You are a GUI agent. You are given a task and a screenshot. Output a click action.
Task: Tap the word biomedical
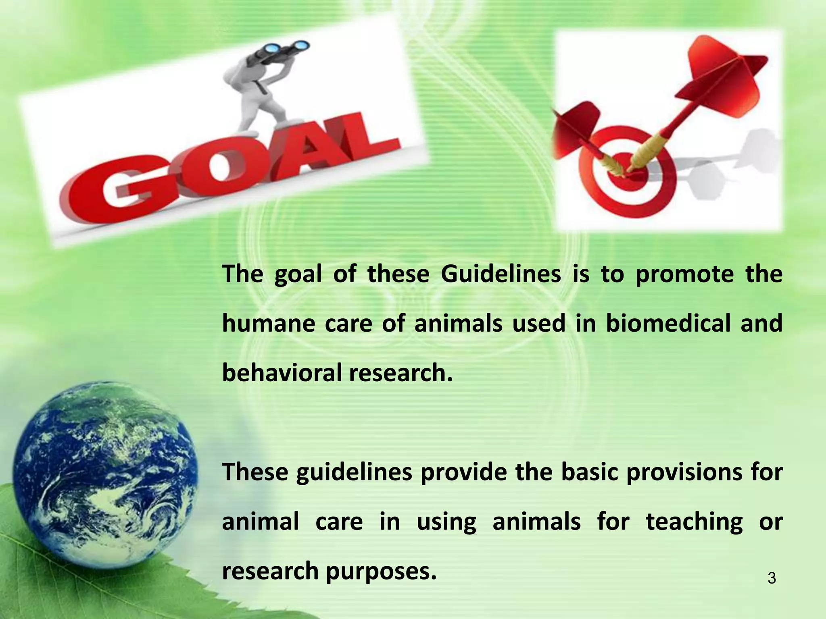point(668,324)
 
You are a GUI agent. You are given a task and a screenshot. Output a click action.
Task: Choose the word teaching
point(694,522)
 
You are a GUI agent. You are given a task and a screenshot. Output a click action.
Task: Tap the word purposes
point(381,572)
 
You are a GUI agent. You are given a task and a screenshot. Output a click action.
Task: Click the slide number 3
point(772,579)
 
